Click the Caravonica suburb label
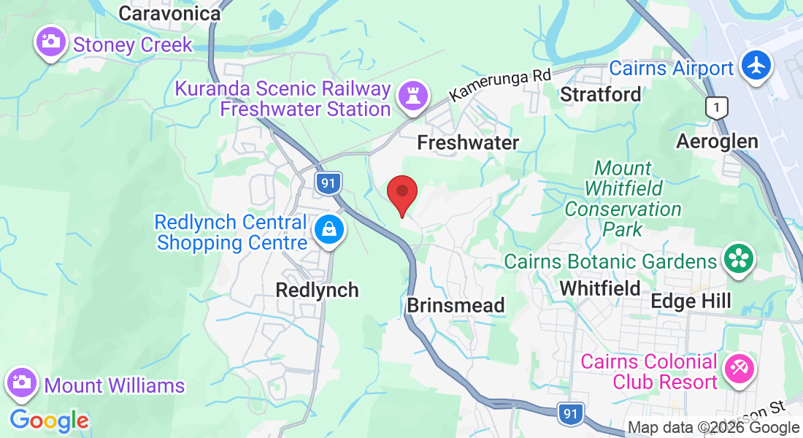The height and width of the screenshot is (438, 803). pyautogui.click(x=169, y=13)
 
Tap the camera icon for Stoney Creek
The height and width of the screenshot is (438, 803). pyautogui.click(x=50, y=42)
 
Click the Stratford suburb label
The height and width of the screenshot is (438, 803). pyautogui.click(x=601, y=94)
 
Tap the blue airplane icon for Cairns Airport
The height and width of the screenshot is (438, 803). pyautogui.click(x=757, y=66)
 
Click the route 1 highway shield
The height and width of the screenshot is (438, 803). pyautogui.click(x=718, y=109)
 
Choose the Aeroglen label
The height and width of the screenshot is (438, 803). pyautogui.click(x=717, y=141)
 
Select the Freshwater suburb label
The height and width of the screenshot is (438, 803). pyautogui.click(x=468, y=143)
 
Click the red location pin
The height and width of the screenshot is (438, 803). pyautogui.click(x=401, y=193)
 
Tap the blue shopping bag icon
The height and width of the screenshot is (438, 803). pyautogui.click(x=329, y=230)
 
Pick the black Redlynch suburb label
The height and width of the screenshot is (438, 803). pyautogui.click(x=317, y=290)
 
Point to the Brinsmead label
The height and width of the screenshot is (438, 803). pyautogui.click(x=456, y=305)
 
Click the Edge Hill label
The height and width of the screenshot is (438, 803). pyautogui.click(x=691, y=301)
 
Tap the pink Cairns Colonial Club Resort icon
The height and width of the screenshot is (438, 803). pyautogui.click(x=739, y=369)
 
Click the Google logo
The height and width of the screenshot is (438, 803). pyautogui.click(x=49, y=420)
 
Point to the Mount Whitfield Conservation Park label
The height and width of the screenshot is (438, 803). pyautogui.click(x=623, y=199)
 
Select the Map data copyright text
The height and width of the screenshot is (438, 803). pyautogui.click(x=713, y=428)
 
